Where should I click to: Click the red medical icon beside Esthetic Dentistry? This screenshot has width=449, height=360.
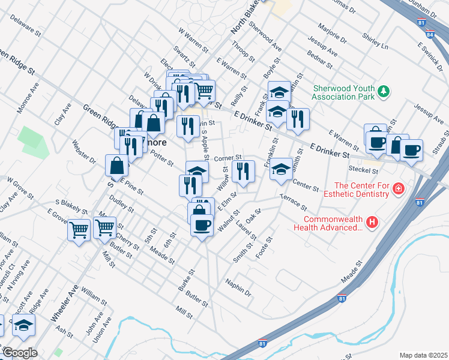[397, 190]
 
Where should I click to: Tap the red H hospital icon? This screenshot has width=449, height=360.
[373, 223]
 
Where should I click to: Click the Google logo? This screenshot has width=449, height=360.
[20, 353]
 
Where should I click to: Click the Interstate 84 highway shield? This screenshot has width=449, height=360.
[427, 35]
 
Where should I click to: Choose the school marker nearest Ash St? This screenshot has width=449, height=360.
[24, 326]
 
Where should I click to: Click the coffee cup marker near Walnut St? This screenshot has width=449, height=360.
[202, 226]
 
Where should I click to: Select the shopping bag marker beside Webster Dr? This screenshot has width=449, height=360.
[116, 166]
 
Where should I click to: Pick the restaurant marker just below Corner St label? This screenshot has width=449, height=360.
[243, 172]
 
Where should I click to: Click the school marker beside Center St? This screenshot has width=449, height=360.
[280, 169]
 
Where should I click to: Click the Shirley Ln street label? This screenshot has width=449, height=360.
[375, 40]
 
